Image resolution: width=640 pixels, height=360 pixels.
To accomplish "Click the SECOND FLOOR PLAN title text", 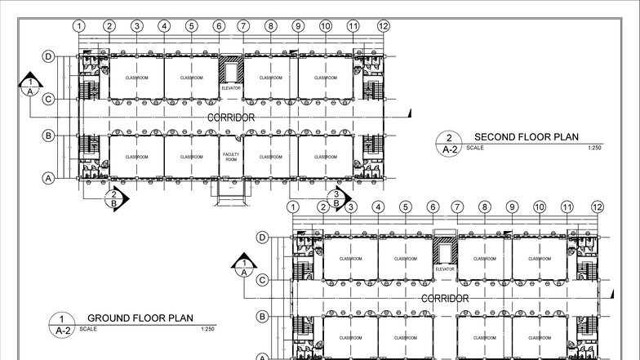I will [527, 137].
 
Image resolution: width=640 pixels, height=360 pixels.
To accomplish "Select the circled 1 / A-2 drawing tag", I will [61, 324].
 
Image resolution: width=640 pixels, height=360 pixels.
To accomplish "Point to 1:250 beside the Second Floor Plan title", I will [593, 149].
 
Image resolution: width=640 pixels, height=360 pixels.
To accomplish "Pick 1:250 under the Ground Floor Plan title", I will [207, 329].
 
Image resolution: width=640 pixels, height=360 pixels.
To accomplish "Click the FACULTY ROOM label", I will [230, 157].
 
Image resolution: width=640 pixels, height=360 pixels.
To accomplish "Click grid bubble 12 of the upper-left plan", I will [384, 26].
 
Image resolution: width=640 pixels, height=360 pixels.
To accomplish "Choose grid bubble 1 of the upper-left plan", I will [79, 26].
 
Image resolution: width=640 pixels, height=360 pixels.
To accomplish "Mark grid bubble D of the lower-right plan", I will [263, 238].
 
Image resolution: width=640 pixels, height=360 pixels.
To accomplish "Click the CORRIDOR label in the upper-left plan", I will [230, 118].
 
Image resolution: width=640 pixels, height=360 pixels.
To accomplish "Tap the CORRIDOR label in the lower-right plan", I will [445, 299].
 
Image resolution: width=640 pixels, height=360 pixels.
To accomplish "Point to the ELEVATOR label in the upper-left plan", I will [230, 87].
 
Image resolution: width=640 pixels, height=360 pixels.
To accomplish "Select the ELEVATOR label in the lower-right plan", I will [445, 269].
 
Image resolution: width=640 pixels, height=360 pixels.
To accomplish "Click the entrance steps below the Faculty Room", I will [231, 189].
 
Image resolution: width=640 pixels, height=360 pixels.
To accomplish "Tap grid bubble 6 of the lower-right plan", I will [433, 207].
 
